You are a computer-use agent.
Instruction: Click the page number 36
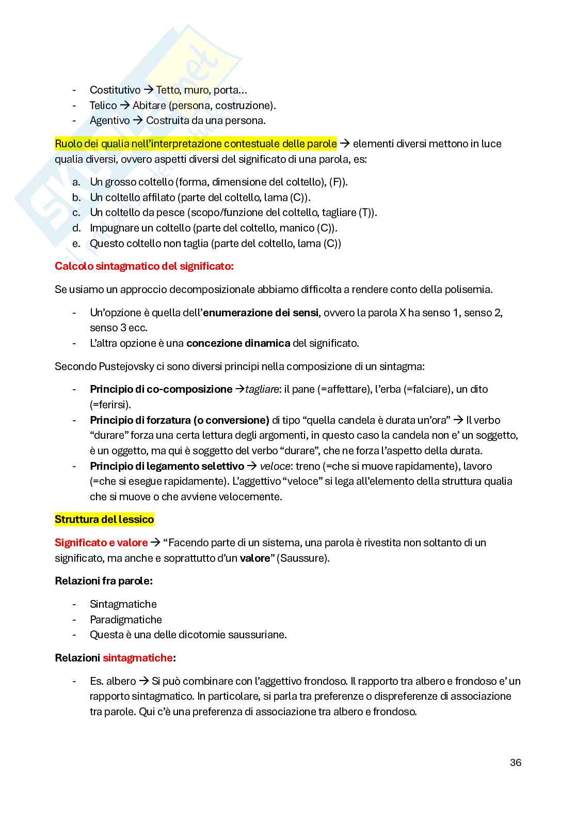pos(515,762)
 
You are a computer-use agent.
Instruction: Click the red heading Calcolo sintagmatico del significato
pos(144,266)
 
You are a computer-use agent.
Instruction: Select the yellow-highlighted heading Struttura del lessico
pos(104,519)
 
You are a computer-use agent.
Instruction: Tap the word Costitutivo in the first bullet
pos(115,90)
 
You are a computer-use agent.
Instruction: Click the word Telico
pos(103,105)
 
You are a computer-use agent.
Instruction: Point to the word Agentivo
pos(109,120)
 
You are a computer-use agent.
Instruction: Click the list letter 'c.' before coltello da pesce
pos(76,212)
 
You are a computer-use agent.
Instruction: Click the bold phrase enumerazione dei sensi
pos(261,313)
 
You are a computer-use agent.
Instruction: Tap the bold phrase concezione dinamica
pos(238,343)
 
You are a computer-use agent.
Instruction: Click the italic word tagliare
pos(262,389)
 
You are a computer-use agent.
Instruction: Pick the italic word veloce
pos(275,466)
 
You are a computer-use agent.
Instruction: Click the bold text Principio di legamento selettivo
pos(167,466)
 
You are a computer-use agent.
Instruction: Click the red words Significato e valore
pos(101,543)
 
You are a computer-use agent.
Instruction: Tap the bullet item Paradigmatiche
pos(125,620)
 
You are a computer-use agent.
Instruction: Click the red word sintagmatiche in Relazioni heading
pos(137,658)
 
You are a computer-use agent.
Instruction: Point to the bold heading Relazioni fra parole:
pos(104,581)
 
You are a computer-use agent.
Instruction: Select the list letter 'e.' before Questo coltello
pos(76,243)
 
